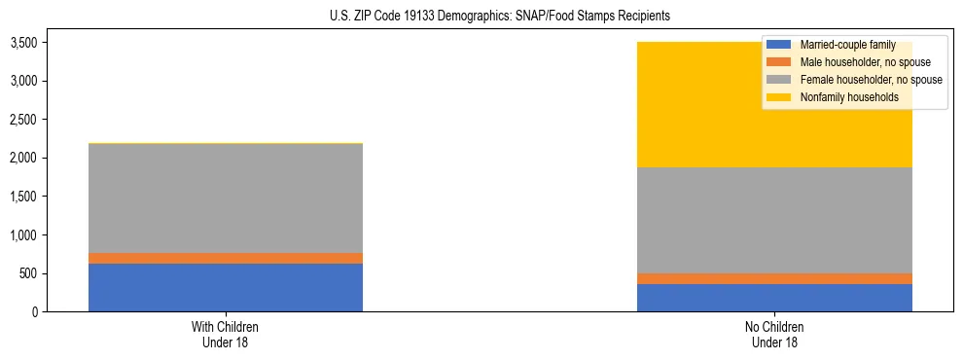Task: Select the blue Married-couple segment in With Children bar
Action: point(226,288)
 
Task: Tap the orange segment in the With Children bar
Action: point(226,258)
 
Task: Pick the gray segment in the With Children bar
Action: point(226,198)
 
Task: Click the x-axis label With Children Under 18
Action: point(226,334)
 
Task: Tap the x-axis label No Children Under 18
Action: point(774,334)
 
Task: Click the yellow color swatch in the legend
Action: point(779,97)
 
